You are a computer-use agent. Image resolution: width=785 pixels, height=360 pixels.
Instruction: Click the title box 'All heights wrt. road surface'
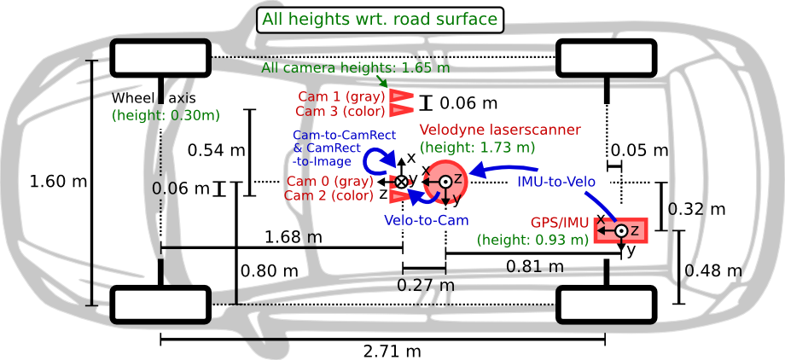coord(380,20)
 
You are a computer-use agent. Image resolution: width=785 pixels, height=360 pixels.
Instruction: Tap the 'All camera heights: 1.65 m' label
coord(357,67)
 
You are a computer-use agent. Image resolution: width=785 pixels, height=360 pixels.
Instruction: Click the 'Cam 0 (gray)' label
coord(329,181)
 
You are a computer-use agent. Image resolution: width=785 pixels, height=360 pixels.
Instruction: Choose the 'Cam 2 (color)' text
coord(329,195)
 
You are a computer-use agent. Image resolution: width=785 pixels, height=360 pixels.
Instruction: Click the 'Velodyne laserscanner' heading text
coord(501,130)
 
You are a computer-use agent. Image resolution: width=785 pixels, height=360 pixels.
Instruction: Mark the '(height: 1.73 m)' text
coord(478,147)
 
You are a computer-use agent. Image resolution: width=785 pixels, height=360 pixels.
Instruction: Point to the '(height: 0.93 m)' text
coord(533,240)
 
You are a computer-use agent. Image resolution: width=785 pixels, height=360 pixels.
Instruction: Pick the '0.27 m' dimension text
coord(426,286)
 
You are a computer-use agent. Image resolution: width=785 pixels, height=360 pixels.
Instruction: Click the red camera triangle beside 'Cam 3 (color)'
coord(401,110)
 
